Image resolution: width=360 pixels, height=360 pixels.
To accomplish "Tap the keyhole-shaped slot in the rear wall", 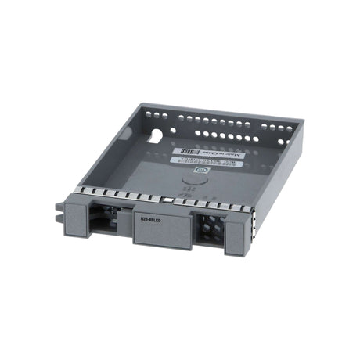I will [156, 135].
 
